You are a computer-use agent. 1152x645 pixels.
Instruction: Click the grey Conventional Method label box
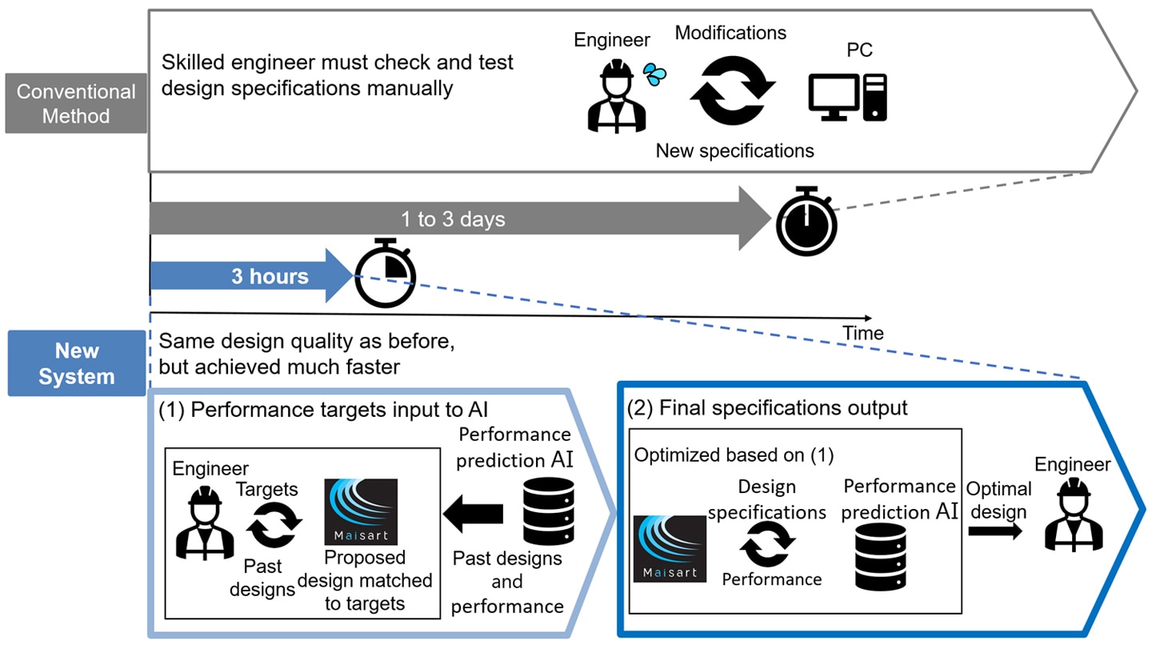click(x=76, y=103)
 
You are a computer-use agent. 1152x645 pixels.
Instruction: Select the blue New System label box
click(x=77, y=364)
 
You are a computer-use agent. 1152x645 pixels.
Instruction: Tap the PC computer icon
click(x=847, y=97)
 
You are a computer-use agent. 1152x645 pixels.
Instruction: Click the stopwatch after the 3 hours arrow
click(x=386, y=273)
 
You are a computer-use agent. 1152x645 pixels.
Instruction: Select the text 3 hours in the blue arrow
click(x=270, y=277)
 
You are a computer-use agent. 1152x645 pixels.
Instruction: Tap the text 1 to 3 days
click(x=453, y=218)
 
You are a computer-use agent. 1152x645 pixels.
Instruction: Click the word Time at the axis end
click(x=862, y=333)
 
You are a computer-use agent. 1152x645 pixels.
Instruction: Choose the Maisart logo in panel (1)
click(x=362, y=512)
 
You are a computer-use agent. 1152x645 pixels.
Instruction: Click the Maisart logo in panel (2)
click(x=670, y=548)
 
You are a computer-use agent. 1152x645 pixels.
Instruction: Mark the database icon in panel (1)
click(x=548, y=511)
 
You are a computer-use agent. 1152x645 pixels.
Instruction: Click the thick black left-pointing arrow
click(x=473, y=513)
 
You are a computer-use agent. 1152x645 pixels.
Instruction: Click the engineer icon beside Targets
click(x=204, y=522)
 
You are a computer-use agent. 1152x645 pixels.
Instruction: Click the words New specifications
click(x=734, y=150)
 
